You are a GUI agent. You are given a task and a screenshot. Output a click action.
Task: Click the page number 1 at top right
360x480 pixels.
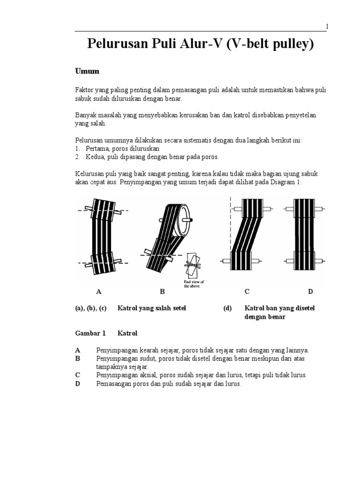[x=327, y=27]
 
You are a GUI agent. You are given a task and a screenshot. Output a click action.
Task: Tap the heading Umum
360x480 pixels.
[x=87, y=71]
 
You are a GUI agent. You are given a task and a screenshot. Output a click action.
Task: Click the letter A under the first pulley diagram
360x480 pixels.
[x=99, y=292]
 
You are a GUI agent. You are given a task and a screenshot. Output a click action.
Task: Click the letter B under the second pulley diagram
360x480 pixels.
[x=162, y=292]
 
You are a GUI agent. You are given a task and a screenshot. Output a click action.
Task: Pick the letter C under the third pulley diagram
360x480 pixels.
[x=247, y=292]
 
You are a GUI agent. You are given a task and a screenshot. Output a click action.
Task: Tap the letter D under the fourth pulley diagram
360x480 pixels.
[x=310, y=292]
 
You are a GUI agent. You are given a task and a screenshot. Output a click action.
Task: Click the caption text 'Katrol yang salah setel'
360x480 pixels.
[x=151, y=308]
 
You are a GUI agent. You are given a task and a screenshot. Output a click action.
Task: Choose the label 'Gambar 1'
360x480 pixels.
[x=90, y=333]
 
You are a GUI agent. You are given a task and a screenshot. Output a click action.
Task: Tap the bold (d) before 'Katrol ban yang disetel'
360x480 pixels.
[x=227, y=308]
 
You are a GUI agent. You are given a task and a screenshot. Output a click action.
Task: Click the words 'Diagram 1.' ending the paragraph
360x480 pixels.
[x=286, y=182]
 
